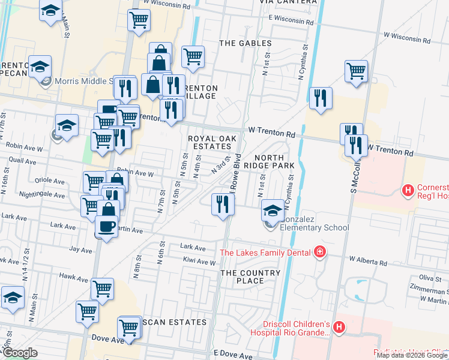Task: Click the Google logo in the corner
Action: pos(20,353)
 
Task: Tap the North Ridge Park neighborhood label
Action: pos(268,159)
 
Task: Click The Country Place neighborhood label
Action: pos(250,277)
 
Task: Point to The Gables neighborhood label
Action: pos(243,43)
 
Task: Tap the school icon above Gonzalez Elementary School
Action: pos(273,210)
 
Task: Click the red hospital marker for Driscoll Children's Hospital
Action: pos(339,328)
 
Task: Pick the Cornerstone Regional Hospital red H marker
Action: pos(408,191)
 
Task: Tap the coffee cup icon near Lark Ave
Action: pos(107,227)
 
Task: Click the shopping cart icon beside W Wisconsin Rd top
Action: pos(139,20)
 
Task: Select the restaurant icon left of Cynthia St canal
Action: pos(320,98)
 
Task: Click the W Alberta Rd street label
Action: pos(368,262)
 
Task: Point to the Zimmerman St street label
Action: pos(426,289)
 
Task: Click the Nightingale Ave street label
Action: pos(42,195)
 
